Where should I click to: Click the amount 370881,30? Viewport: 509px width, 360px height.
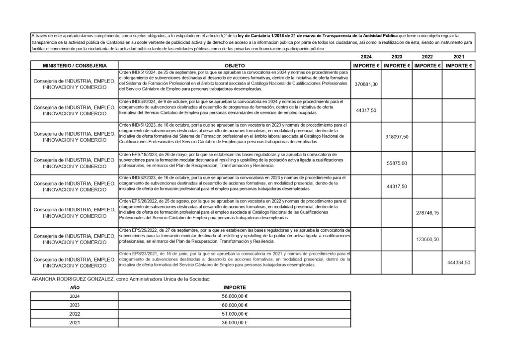(366, 85)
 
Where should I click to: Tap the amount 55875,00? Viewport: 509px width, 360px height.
(397, 163)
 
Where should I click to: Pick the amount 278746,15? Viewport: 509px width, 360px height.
(427, 212)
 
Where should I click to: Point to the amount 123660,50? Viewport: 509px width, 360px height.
(427, 239)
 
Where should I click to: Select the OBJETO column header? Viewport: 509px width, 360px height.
(235, 66)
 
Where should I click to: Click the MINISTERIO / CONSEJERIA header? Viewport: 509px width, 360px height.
(74, 66)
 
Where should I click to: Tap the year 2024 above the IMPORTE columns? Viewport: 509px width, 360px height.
(366, 57)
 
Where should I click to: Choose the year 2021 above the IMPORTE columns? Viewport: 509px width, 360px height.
(459, 57)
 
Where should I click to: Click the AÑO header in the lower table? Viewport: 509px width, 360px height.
(74, 287)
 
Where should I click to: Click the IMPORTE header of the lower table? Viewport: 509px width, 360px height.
(233, 287)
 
